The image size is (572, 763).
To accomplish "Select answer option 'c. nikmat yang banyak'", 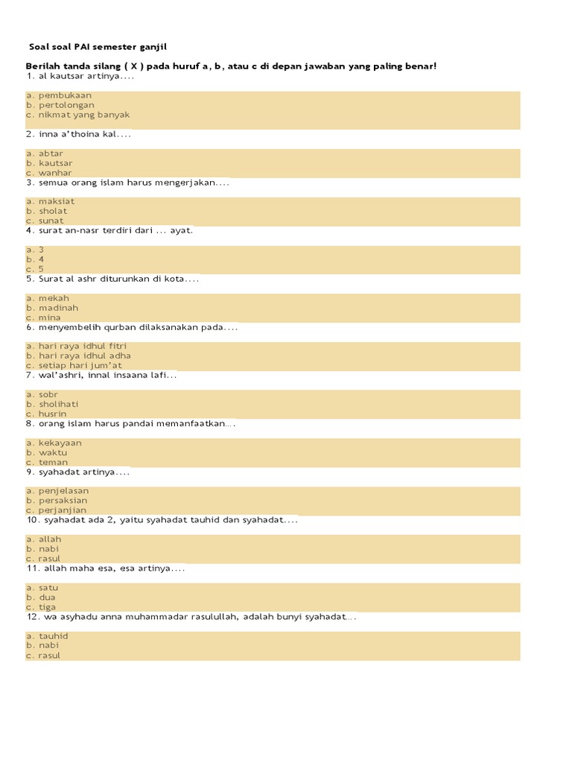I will [77, 115].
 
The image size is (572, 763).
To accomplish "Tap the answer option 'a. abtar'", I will [45, 153].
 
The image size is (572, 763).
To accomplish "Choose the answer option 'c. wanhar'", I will [49, 173].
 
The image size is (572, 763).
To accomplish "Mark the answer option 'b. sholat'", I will [47, 211].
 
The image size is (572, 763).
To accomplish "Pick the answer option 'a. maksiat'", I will [51, 201].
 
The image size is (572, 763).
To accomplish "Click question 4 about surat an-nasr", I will [109, 230].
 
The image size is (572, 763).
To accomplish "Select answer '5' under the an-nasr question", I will [35, 269].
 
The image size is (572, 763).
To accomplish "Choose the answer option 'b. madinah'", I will [52, 308].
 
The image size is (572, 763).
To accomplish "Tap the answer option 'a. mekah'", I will [48, 298].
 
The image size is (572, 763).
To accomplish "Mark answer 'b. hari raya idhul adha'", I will [78, 355].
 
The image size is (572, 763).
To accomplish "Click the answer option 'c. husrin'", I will [46, 414].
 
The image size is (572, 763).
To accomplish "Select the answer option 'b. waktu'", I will [47, 452].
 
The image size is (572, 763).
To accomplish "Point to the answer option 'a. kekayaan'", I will [54, 443].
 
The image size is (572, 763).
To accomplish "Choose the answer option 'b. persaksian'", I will [57, 501].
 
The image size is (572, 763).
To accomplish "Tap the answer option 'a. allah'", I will [44, 539].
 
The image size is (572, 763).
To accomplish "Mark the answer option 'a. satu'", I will [41, 587].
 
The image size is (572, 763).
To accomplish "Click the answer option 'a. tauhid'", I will [47, 636].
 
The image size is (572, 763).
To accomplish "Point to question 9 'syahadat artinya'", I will [78, 472].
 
